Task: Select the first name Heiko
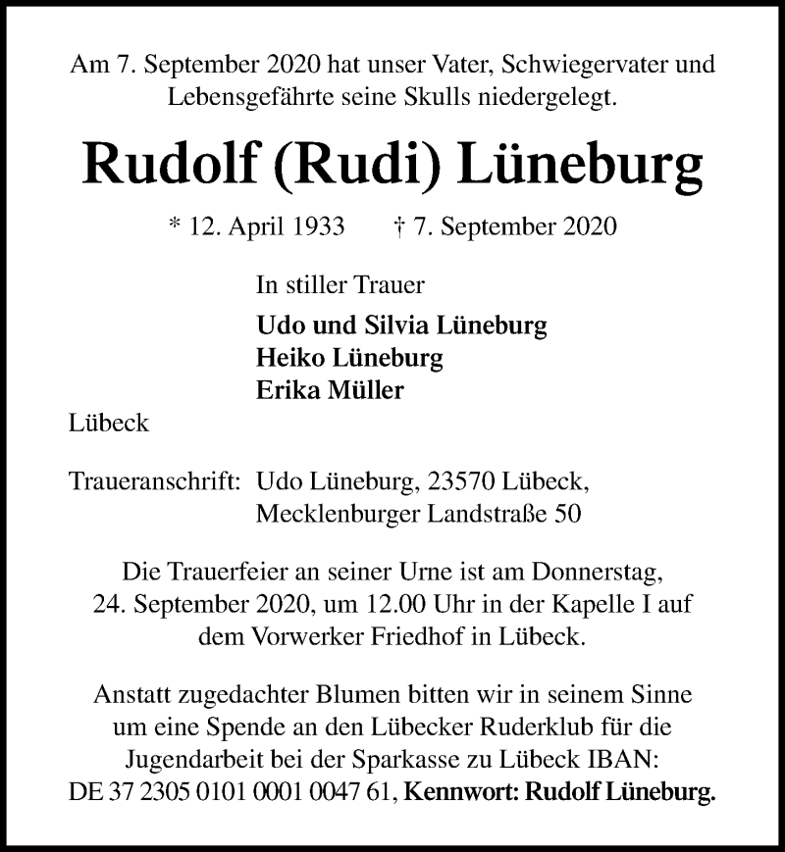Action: point(288,357)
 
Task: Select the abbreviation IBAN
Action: point(614,758)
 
